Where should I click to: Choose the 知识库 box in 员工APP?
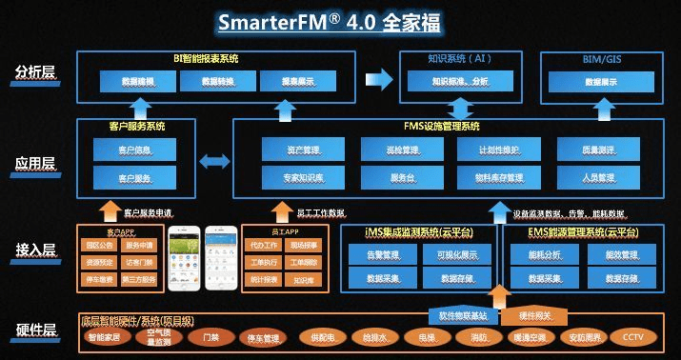pyautogui.click(x=304, y=281)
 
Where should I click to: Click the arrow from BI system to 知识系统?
pyautogui.click(x=378, y=75)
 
